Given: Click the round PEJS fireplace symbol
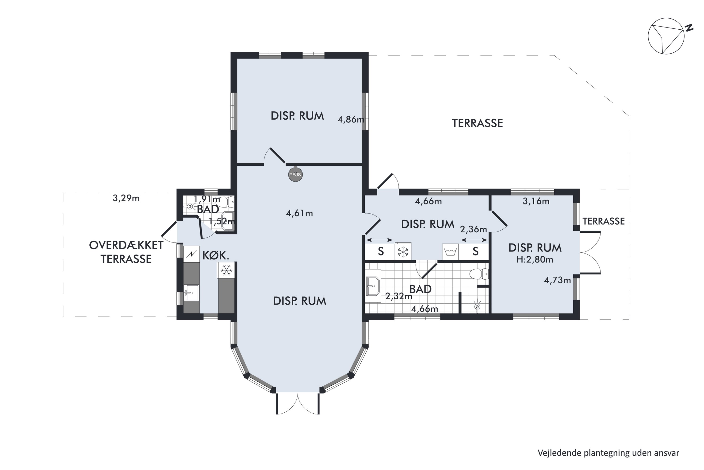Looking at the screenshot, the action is tap(295, 175).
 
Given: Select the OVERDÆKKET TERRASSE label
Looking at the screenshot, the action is tap(126, 252).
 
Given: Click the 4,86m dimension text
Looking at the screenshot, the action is tap(351, 120).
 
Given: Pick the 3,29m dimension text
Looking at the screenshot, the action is tap(126, 198).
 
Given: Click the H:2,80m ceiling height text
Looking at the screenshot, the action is tap(535, 260).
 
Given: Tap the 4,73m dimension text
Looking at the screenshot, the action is tap(557, 280).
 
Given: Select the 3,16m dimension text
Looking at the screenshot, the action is tap(536, 201).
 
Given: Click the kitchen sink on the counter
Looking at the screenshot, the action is tap(191, 293).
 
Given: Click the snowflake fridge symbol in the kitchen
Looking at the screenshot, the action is tap(226, 270).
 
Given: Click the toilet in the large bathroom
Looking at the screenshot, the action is tap(479, 274).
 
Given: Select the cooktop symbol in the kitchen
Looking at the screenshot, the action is tap(191, 254).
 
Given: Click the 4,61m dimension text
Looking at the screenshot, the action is tap(299, 213).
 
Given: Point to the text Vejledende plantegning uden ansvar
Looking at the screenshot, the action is tap(608, 453).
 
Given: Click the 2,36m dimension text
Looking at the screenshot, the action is tap(473, 229).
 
